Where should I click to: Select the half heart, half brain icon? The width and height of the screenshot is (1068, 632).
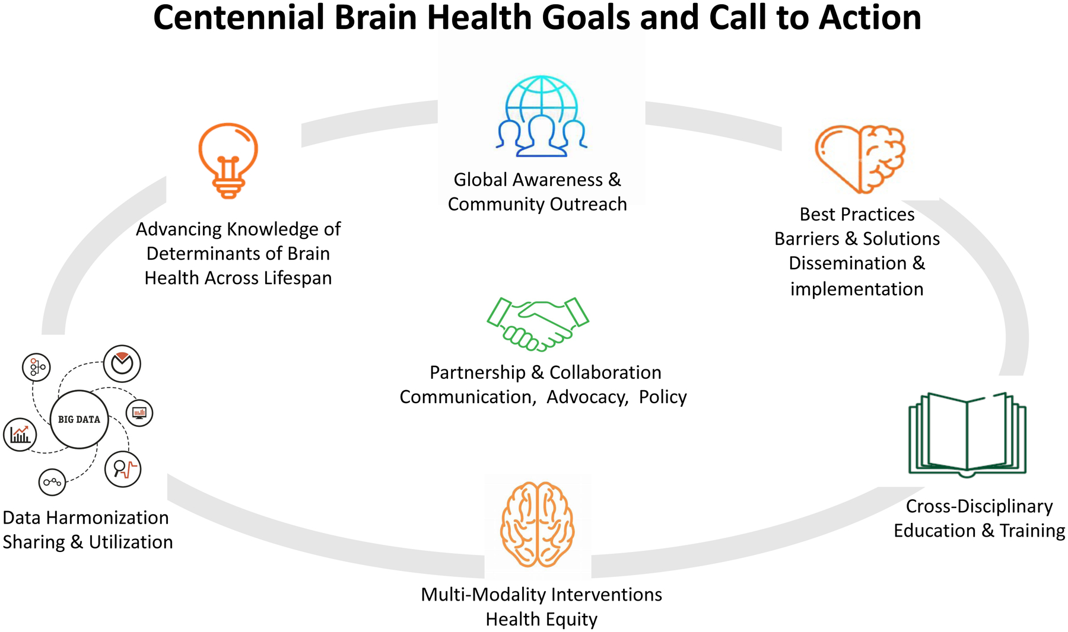860,159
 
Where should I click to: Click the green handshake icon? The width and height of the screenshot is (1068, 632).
538,323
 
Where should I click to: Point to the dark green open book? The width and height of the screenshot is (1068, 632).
967,435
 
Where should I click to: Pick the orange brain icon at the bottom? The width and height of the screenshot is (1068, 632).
538,524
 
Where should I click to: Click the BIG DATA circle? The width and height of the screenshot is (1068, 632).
79,419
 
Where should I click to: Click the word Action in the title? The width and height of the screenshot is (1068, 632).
870,18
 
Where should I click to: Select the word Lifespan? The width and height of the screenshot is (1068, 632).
298,278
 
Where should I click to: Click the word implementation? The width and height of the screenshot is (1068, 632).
857,289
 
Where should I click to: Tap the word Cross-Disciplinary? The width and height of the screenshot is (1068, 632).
979,506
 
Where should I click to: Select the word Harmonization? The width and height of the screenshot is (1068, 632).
107,518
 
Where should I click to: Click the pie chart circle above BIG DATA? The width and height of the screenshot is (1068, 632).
122,363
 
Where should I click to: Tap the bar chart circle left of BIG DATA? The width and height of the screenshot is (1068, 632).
20,435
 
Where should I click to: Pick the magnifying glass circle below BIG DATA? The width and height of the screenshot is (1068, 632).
123,469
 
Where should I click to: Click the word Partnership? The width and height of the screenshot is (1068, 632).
478,372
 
